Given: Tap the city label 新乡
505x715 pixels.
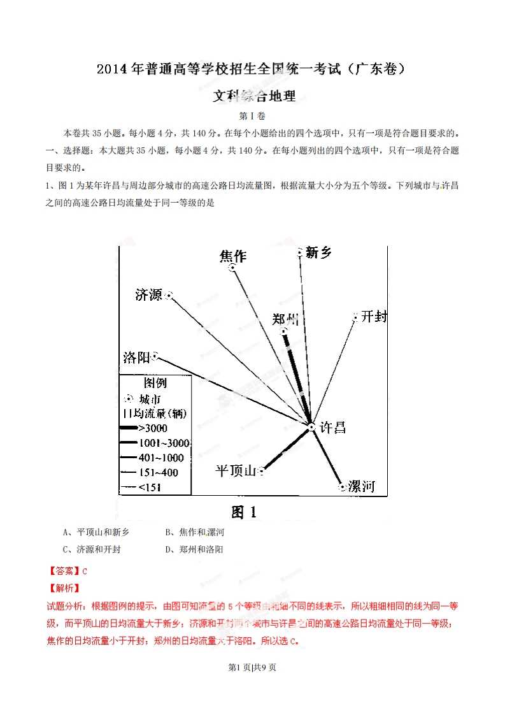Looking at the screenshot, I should click(x=318, y=252).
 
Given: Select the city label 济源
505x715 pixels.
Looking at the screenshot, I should click(x=149, y=294).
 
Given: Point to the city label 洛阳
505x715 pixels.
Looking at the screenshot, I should click(x=136, y=357).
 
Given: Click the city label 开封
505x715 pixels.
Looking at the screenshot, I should click(x=374, y=316).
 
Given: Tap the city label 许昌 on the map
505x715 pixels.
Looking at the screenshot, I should click(x=332, y=428).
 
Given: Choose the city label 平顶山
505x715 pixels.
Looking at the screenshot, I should click(x=235, y=471).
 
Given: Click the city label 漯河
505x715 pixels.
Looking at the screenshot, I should click(x=361, y=487).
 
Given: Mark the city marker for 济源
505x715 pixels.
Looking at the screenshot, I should click(x=169, y=295).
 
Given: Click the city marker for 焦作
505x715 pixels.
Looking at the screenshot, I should click(x=233, y=268).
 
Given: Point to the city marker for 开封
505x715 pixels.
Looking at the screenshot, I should click(x=355, y=317).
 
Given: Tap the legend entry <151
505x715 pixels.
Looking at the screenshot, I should click(x=150, y=487).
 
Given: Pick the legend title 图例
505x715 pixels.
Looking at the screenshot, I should click(x=155, y=383).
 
